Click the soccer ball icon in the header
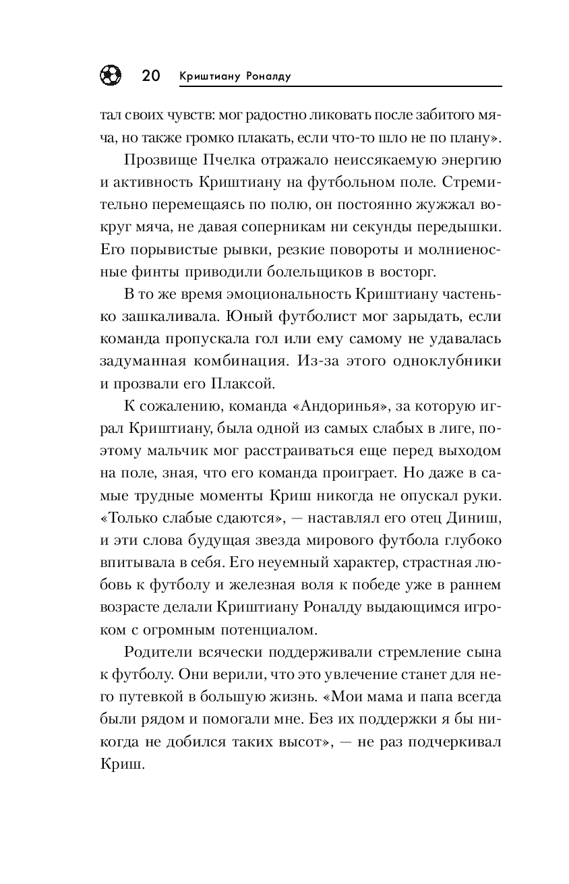coord(111,76)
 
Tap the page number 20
coord(150,76)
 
